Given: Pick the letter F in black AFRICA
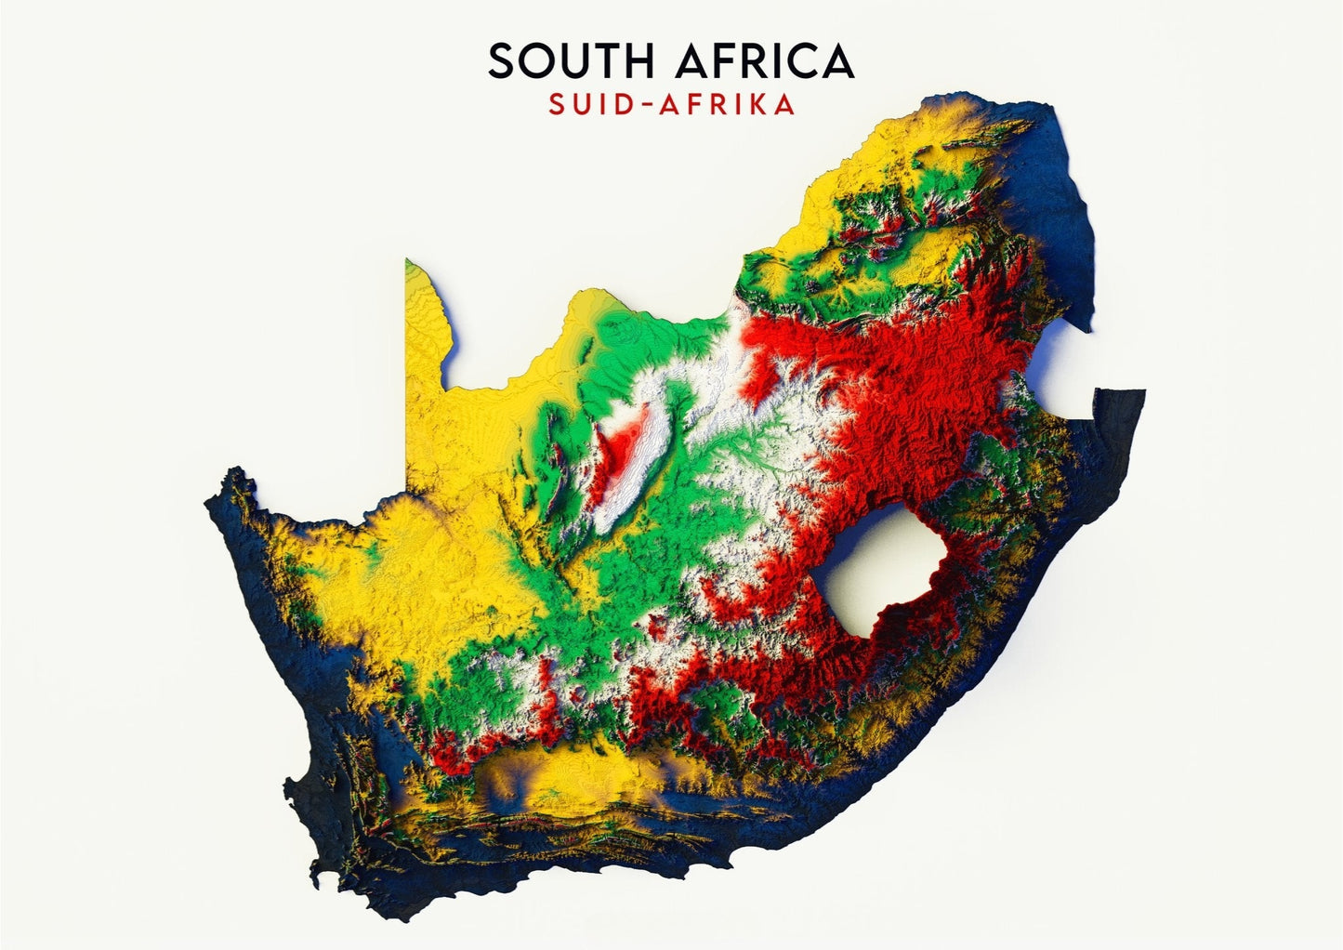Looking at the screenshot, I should pos(726,61).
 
